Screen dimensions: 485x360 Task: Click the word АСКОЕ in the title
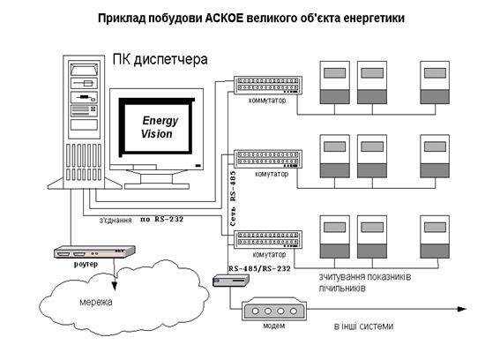[x=224, y=18]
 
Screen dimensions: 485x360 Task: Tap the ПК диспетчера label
[x=160, y=59]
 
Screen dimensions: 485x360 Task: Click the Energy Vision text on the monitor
[x=159, y=127]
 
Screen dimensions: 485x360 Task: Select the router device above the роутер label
[x=94, y=252]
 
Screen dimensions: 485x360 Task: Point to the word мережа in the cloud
[x=96, y=302]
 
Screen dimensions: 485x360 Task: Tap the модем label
[x=273, y=326]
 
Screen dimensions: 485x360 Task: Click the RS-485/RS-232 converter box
[x=231, y=281]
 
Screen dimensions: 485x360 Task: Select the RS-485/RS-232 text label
[x=259, y=268]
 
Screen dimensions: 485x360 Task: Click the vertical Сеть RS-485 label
[x=233, y=199]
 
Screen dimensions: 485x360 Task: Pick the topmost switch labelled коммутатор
[x=267, y=85]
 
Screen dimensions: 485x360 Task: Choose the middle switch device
[x=267, y=159]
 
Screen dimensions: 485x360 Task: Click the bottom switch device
[x=267, y=239]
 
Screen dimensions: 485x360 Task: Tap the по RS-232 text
[x=161, y=219]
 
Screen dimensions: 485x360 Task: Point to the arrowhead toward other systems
[x=461, y=309]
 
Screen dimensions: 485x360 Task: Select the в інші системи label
[x=363, y=326]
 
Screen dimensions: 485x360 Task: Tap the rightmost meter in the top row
[x=435, y=82]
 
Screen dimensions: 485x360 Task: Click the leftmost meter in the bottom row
[x=335, y=236]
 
